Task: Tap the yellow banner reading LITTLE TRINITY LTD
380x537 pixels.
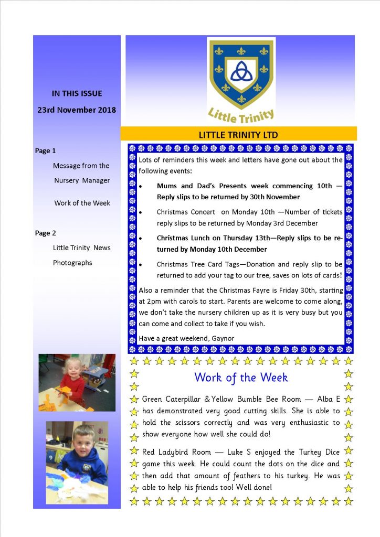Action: [238, 134]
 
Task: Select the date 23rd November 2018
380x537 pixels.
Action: [77, 110]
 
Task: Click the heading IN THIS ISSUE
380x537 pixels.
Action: [77, 93]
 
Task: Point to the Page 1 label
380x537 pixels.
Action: [45, 151]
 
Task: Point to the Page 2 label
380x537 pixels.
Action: [45, 233]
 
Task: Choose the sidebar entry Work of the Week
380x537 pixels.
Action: [82, 203]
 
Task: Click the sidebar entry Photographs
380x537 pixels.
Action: [72, 263]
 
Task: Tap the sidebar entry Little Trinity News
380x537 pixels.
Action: [81, 248]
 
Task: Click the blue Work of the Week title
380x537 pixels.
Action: [241, 377]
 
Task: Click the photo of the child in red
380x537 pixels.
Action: [77, 382]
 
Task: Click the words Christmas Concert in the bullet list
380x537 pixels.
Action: [186, 212]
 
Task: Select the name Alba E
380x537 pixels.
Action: [327, 399]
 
